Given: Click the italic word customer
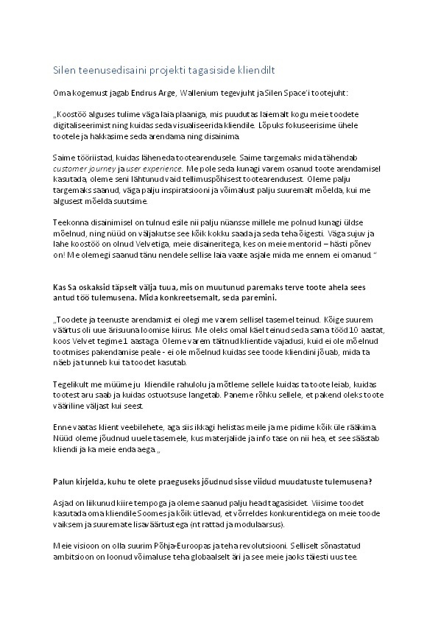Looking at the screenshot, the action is coord(73,168).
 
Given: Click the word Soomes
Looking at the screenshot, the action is coord(162,512).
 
